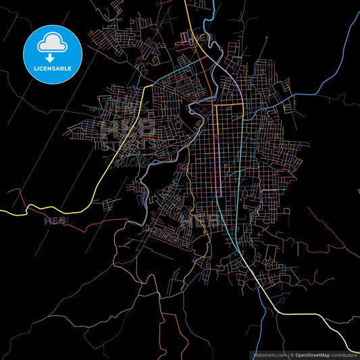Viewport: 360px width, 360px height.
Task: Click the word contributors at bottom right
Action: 344,355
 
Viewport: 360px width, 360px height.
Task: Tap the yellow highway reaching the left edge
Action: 14,212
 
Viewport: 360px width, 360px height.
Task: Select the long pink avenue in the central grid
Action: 215,155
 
